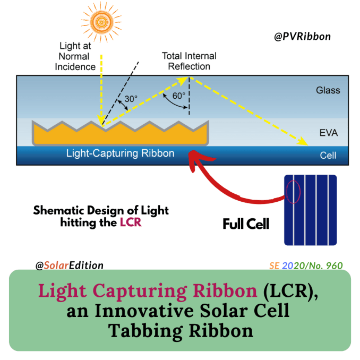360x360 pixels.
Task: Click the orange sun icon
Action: pos(101,22)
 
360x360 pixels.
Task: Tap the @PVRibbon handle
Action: pos(302,37)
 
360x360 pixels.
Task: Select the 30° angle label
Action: pos(131,99)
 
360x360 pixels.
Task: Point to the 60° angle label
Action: pos(179,96)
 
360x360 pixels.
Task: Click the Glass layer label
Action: pos(328,90)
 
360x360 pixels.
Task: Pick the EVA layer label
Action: pos(329,133)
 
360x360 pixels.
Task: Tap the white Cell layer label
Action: pos(328,156)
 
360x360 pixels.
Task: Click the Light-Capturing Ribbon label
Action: pos(121,153)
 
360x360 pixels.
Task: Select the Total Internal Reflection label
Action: pos(189,61)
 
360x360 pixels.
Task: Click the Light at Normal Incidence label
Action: pos(75,56)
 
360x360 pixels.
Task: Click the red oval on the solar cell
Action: pos(293,192)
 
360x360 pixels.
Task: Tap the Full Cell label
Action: pos(246,224)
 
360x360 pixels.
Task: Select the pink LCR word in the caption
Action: pos(131,222)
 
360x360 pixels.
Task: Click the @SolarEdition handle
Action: pos(70,265)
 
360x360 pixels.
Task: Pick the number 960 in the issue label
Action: pos(335,265)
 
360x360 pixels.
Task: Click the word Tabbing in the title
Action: pos(145,331)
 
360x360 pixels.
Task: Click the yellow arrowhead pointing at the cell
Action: pos(303,141)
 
